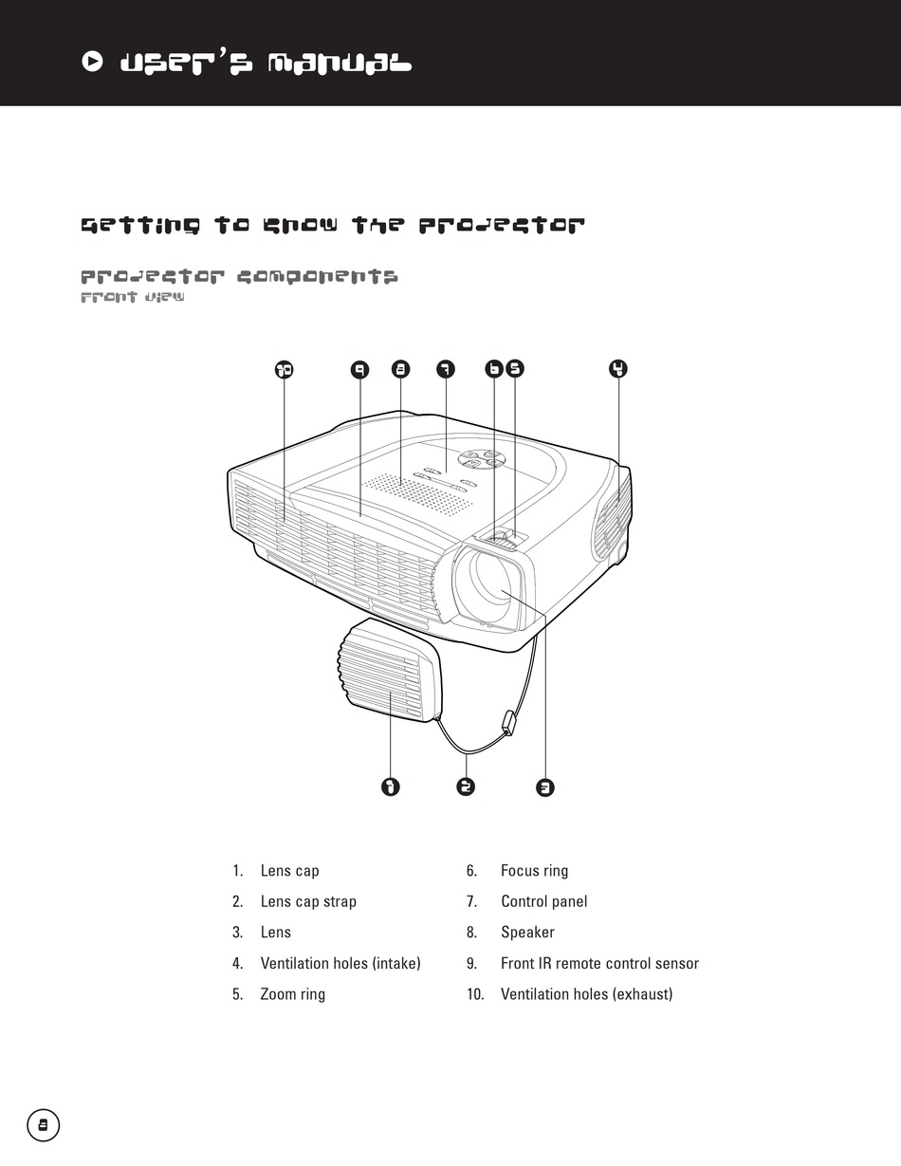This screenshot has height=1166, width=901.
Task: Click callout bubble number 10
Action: pyautogui.click(x=284, y=369)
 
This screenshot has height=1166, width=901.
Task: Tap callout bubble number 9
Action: pyautogui.click(x=359, y=369)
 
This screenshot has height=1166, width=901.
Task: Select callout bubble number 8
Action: pyautogui.click(x=401, y=369)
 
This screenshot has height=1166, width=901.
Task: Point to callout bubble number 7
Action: pyautogui.click(x=445, y=369)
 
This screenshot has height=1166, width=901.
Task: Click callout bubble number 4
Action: pyautogui.click(x=618, y=369)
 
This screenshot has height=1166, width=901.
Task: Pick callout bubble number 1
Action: pyautogui.click(x=390, y=787)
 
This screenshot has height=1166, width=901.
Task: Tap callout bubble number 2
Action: pyautogui.click(x=465, y=787)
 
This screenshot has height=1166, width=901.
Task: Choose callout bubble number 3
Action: pyautogui.click(x=545, y=787)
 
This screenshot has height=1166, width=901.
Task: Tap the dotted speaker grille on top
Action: pyautogui.click(x=417, y=494)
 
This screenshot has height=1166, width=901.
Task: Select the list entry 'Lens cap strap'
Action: pyautogui.click(x=308, y=901)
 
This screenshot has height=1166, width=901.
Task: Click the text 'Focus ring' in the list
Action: pyautogui.click(x=534, y=871)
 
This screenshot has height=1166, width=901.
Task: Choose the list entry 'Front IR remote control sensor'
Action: pyautogui.click(x=599, y=964)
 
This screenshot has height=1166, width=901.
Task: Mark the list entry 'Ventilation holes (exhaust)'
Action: pyautogui.click(x=586, y=994)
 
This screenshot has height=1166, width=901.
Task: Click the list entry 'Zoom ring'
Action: pyautogui.click(x=292, y=994)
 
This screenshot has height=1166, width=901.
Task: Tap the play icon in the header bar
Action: pyautogui.click(x=92, y=63)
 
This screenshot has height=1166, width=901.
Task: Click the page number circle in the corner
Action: pyautogui.click(x=43, y=1125)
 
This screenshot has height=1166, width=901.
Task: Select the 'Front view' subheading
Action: pyautogui.click(x=132, y=298)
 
